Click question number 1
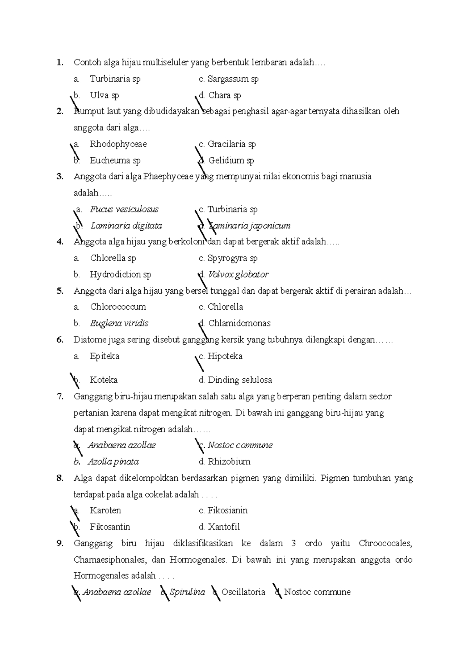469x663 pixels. (59, 62)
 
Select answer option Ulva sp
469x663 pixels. (104, 95)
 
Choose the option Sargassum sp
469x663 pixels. (233, 79)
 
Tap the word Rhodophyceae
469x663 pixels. (118, 144)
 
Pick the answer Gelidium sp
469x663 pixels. (231, 160)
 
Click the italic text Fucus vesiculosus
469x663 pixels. (124, 209)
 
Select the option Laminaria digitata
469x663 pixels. (126, 226)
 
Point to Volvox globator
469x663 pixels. (238, 274)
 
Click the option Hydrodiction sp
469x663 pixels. (120, 274)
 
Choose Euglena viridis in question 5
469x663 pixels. (119, 323)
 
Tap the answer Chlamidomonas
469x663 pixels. (239, 323)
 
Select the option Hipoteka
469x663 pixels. (225, 356)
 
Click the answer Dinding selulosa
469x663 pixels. (240, 380)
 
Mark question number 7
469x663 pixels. (59, 397)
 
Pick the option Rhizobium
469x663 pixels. (229, 462)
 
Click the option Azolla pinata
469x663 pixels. (113, 462)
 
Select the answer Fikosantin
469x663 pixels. (110, 527)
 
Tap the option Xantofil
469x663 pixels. (224, 527)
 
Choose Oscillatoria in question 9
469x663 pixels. (243, 592)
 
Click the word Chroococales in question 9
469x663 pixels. (385, 544)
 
